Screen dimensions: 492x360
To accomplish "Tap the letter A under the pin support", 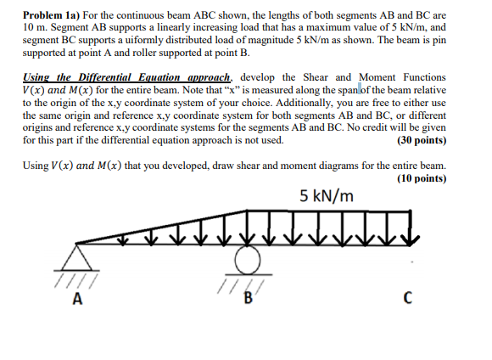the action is click(x=79, y=297).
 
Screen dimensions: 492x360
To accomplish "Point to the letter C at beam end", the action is click(x=409, y=297).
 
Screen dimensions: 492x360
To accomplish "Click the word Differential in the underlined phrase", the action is click(x=113, y=77).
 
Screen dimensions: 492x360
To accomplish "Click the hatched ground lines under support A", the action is click(x=78, y=276).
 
